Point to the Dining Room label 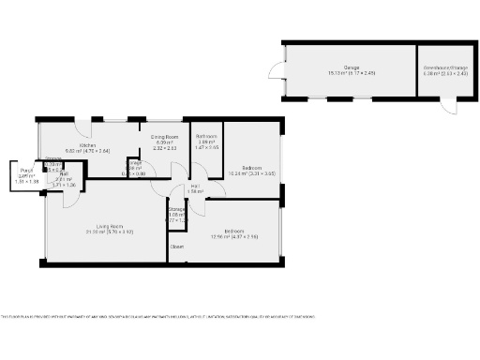pos(165,137)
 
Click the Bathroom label pos(206,137)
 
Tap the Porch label pos(25,171)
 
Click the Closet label pos(176,247)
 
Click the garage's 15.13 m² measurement pos(338,73)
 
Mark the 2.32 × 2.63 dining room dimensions pos(165,148)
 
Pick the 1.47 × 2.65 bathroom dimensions pos(206,148)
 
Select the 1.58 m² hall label pos(195,191)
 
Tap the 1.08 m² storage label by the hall pos(175,215)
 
